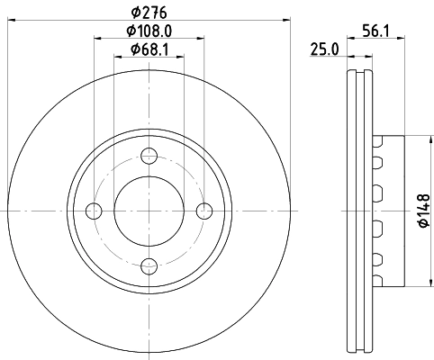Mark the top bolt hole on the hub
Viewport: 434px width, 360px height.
[x=149, y=157]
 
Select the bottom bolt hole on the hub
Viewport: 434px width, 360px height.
[x=149, y=265]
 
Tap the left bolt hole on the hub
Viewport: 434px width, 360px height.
[x=95, y=211]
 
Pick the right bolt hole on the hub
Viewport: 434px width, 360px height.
[x=204, y=211]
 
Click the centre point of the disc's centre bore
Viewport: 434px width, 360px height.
[x=149, y=211]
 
